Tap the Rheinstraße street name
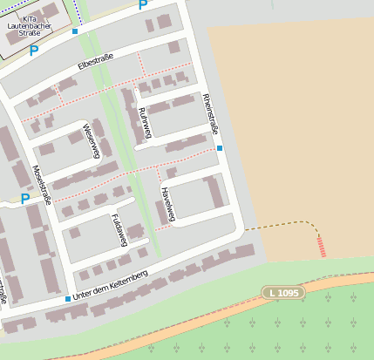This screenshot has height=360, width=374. click(209, 113)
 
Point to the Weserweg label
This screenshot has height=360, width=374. click(92, 141)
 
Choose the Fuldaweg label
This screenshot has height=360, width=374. click(120, 228)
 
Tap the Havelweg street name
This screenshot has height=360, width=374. click(166, 204)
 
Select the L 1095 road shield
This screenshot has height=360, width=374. click(284, 293)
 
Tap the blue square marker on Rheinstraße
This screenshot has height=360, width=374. click(220, 148)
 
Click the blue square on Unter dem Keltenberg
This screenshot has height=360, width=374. click(67, 299)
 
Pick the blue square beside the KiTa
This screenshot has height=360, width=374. click(75, 31)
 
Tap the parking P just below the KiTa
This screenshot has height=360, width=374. click(34, 51)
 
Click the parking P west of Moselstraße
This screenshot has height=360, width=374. click(24, 199)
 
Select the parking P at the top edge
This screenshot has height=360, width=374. click(142, 5)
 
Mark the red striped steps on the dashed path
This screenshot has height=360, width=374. click(323, 247)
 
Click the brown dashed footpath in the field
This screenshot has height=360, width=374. click(279, 224)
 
